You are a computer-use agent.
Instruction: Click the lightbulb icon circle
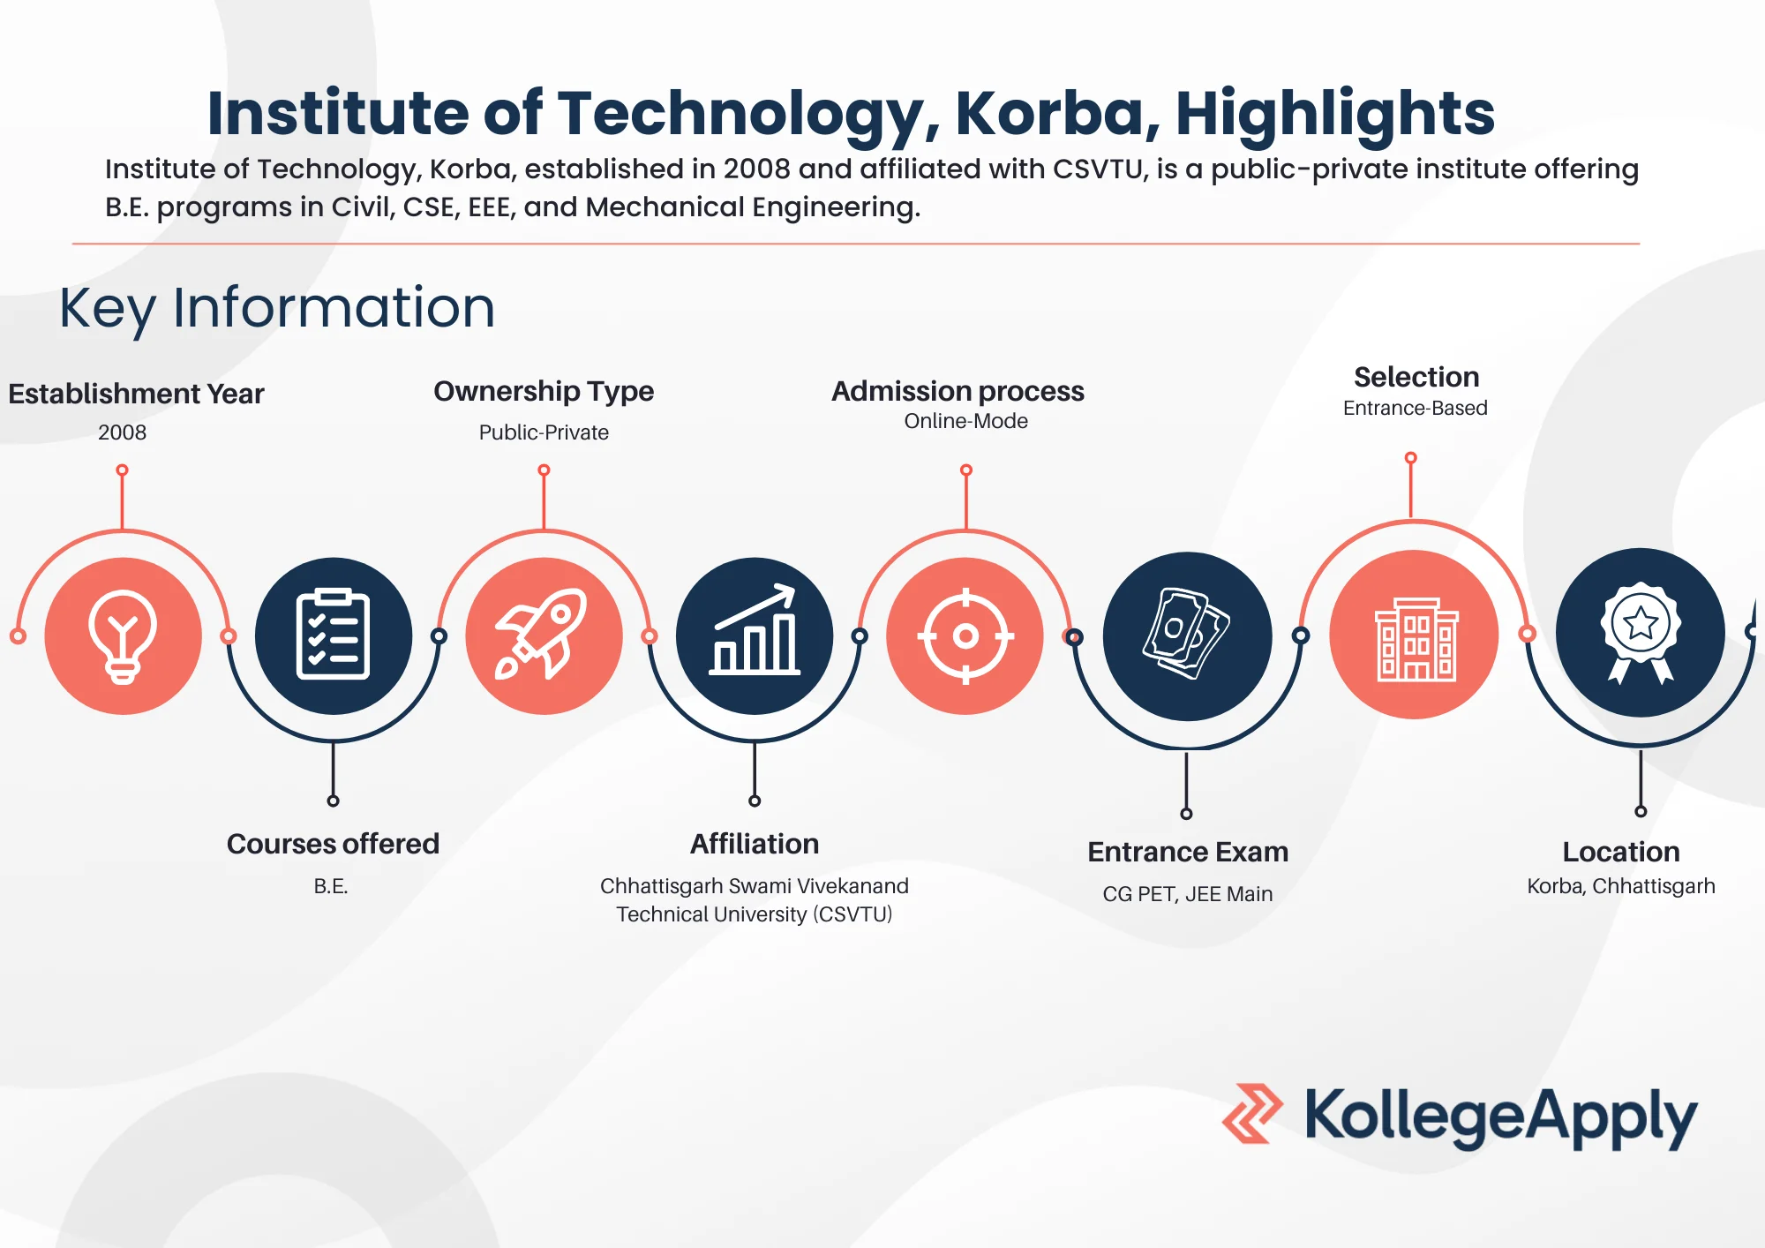[x=123, y=635]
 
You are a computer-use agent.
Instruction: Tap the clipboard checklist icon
[x=333, y=635]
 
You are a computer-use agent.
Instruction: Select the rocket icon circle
[x=544, y=635]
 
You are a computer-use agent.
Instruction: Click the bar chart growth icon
[x=755, y=635]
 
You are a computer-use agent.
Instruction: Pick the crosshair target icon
[x=965, y=635]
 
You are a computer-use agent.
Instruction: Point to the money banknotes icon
[x=1187, y=635]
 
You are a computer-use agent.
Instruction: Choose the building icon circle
[x=1415, y=635]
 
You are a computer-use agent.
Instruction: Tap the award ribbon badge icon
[x=1641, y=633]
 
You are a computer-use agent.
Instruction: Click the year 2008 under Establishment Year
[x=122, y=432]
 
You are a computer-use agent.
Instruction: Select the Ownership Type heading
[x=544, y=391]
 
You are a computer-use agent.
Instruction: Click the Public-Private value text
[x=544, y=432]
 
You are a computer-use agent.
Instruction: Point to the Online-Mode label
[x=965, y=421]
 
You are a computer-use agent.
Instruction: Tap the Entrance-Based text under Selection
[x=1415, y=408]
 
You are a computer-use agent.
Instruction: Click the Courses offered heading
[x=333, y=844]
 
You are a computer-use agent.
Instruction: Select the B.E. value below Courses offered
[x=331, y=886]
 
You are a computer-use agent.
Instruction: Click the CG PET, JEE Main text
[x=1187, y=894]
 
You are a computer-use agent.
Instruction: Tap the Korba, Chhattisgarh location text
[x=1621, y=886]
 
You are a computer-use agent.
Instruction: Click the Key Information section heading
[x=277, y=308]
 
